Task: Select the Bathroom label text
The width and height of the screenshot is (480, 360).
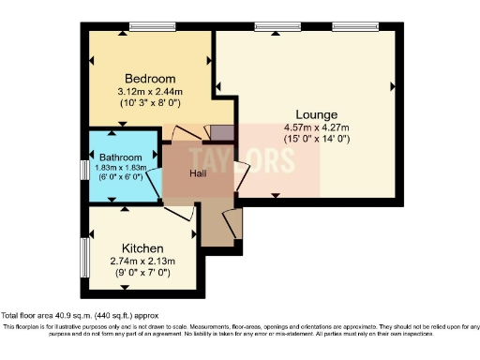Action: [121, 157]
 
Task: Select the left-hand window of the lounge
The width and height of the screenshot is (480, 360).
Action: [272, 27]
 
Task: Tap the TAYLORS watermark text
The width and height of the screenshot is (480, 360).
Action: [242, 158]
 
